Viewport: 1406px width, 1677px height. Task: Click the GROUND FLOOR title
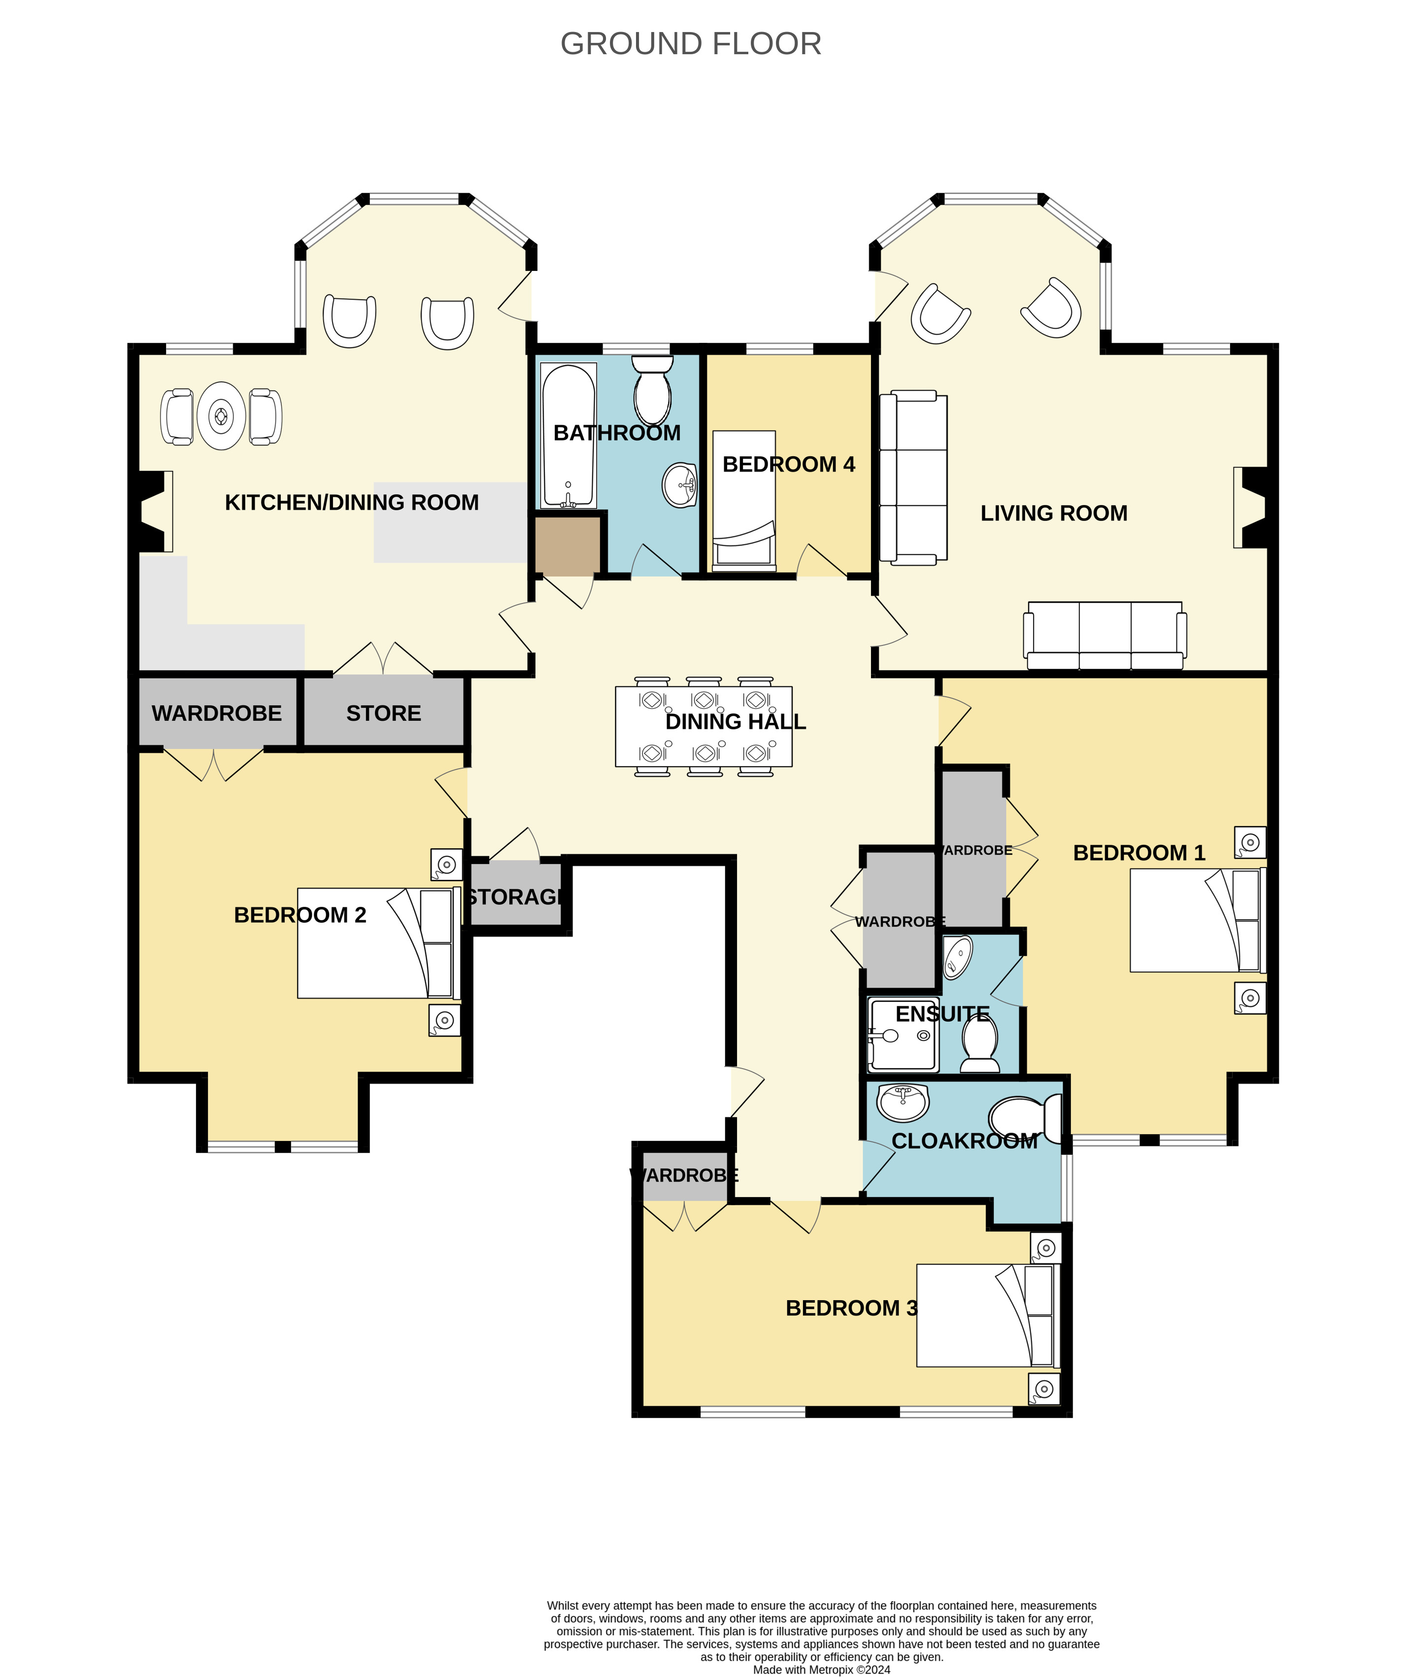(x=691, y=44)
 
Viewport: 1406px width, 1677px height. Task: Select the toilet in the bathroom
(x=652, y=390)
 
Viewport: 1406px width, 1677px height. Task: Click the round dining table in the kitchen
(x=221, y=416)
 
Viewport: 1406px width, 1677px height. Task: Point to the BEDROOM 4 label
(x=788, y=464)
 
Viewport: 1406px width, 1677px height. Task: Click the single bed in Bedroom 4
(x=744, y=501)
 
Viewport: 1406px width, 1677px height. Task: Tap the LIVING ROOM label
(x=1054, y=513)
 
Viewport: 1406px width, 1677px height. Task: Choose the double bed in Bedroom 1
(x=1198, y=920)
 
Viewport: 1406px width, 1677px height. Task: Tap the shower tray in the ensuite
(x=903, y=1035)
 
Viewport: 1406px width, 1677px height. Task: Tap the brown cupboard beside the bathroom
(x=568, y=546)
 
